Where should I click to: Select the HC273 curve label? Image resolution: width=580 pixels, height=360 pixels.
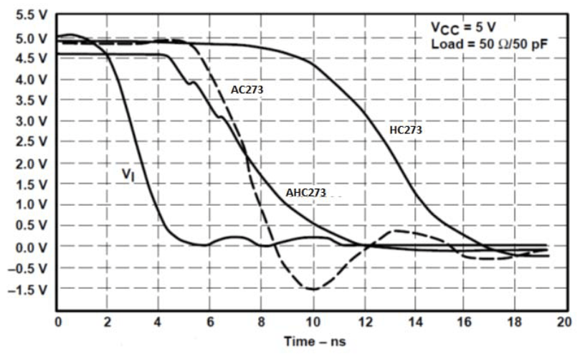click(x=405, y=131)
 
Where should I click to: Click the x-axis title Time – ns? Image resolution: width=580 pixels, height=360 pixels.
click(x=313, y=341)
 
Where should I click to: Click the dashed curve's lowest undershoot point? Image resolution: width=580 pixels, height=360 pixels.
click(x=313, y=289)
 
